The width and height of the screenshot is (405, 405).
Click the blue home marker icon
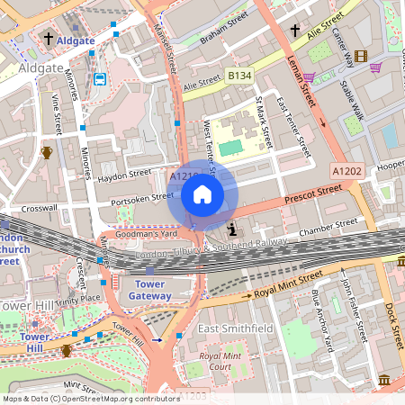(202, 194)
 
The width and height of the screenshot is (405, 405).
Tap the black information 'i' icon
(232, 229)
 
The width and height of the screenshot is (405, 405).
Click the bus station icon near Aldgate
(99, 78)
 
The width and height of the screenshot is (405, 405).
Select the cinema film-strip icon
(361, 57)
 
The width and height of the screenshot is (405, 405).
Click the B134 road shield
(239, 76)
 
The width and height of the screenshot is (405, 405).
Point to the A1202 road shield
(346, 170)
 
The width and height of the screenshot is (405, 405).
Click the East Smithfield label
(235, 329)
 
